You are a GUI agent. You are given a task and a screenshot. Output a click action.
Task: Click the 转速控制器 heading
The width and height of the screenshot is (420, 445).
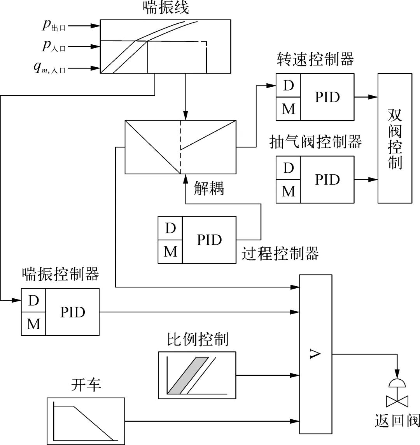click(x=315, y=60)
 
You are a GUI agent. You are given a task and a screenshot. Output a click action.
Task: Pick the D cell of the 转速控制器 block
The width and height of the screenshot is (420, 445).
click(x=288, y=85)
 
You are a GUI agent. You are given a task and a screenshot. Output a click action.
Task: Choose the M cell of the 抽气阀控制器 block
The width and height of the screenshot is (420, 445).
click(x=288, y=191)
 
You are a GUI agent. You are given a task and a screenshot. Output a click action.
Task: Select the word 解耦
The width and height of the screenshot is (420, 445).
click(x=209, y=189)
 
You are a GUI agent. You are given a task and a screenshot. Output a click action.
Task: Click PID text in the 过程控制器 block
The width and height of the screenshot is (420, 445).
click(x=209, y=240)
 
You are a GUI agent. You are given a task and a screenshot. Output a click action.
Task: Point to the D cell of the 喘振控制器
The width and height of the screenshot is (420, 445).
click(x=33, y=300)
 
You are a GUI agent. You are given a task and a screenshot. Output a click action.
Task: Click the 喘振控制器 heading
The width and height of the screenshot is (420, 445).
click(x=60, y=274)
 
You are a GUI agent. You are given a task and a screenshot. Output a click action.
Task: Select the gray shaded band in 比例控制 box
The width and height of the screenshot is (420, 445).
click(x=186, y=375)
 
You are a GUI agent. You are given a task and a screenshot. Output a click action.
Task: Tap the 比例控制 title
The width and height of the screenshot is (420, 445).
click(x=197, y=339)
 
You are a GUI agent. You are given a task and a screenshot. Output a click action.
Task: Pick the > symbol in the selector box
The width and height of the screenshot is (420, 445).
click(x=315, y=354)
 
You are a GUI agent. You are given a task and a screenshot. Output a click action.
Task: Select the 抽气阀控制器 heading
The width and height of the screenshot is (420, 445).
click(x=315, y=142)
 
